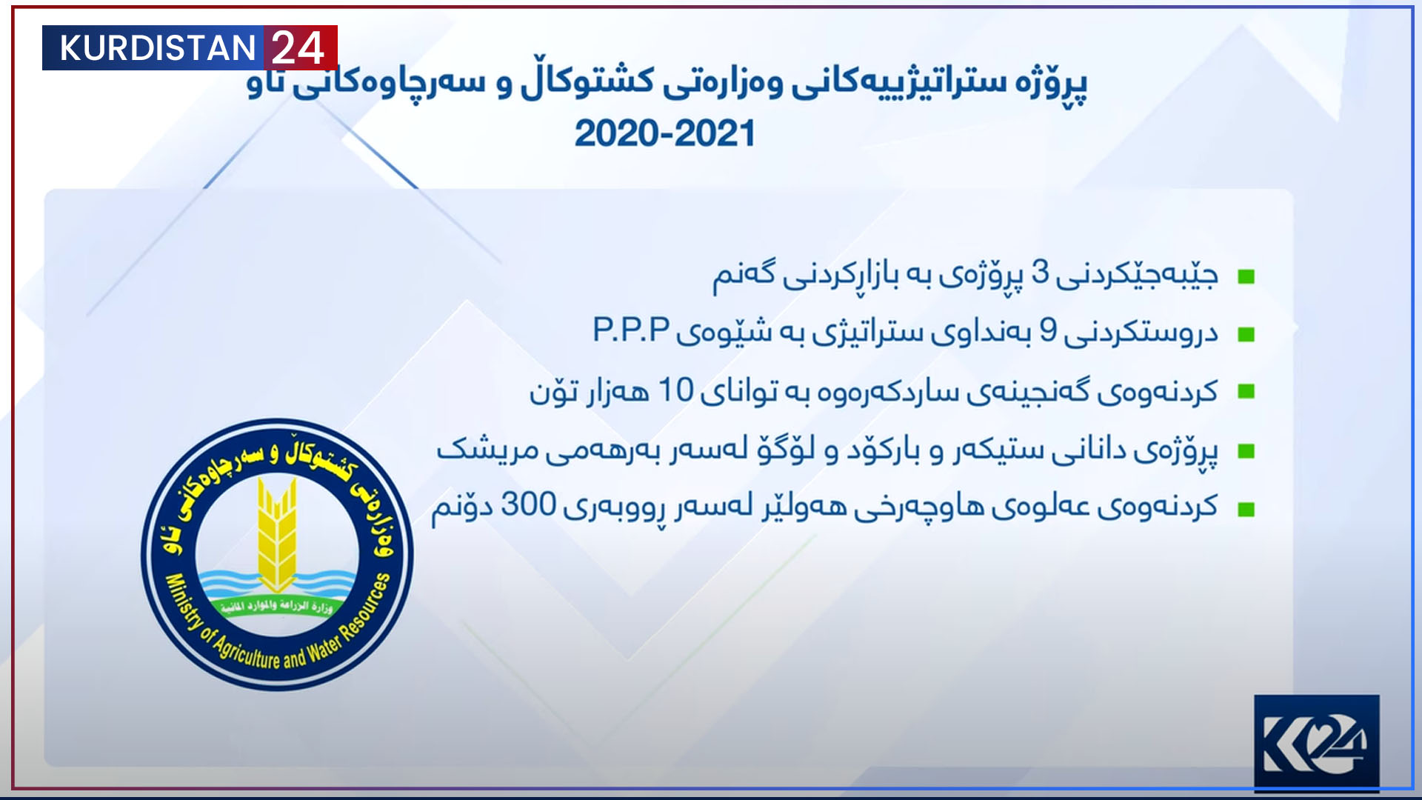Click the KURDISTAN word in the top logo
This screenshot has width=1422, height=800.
tap(157, 48)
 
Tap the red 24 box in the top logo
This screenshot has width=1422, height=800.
tap(300, 48)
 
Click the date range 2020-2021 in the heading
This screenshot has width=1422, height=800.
tap(664, 134)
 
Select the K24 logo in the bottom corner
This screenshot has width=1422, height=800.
tap(1316, 744)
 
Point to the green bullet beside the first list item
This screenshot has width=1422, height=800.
tap(1246, 277)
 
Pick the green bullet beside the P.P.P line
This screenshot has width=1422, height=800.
tap(1246, 335)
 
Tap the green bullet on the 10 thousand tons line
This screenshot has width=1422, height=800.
tap(1246, 392)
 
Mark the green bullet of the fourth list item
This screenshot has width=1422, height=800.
tap(1246, 451)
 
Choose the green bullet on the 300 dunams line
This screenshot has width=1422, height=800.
tap(1246, 509)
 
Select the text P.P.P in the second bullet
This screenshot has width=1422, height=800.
tap(631, 330)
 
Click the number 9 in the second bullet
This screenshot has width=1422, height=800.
tap(1048, 330)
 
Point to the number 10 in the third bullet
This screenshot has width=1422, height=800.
tap(675, 390)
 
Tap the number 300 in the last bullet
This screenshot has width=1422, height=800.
tap(529, 504)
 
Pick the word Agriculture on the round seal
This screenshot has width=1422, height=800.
tap(247, 651)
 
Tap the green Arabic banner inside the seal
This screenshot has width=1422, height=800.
tap(276, 607)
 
